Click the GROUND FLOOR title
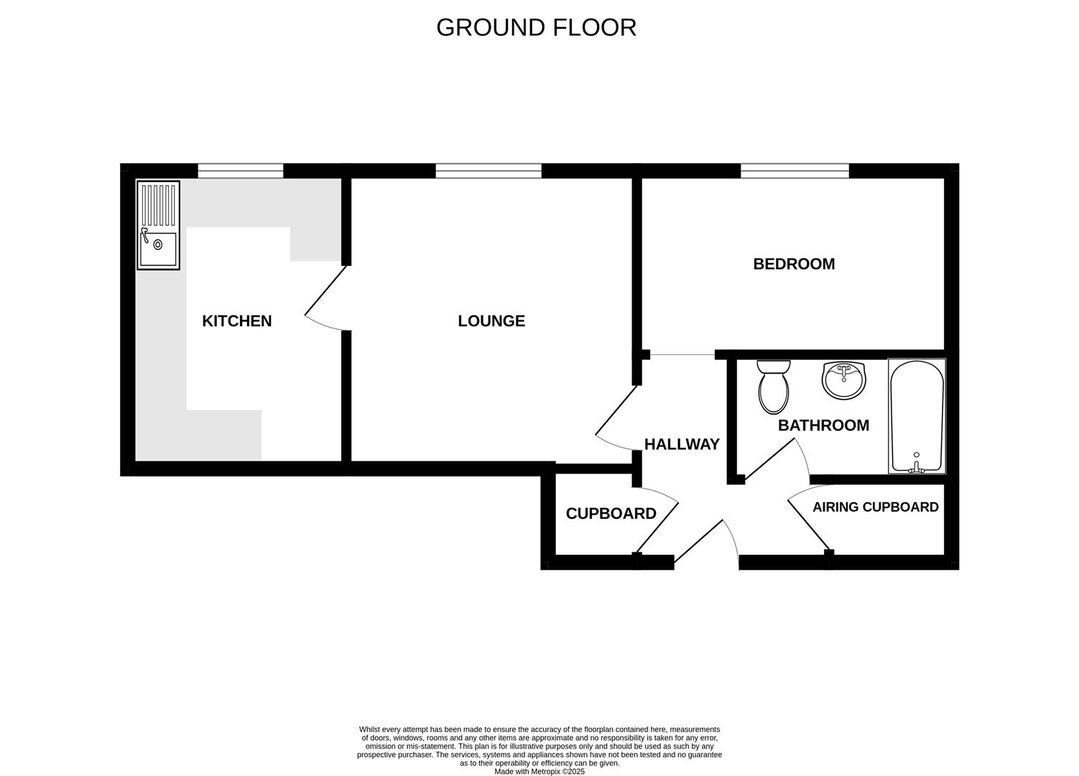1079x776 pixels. pos(536,27)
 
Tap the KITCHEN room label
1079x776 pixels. pos(236,321)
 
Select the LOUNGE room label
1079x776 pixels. pos(491,321)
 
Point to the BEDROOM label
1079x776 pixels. pos(794,264)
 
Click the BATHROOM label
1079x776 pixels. pos(823,425)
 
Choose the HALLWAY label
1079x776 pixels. pos(681,444)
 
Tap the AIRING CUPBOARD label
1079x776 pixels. pos(875,507)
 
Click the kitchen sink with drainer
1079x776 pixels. pos(158,225)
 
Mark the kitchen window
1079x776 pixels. pos(240,170)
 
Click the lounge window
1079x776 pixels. pos(488,170)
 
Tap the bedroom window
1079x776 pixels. pos(795,170)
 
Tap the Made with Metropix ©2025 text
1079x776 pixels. pos(539,772)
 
